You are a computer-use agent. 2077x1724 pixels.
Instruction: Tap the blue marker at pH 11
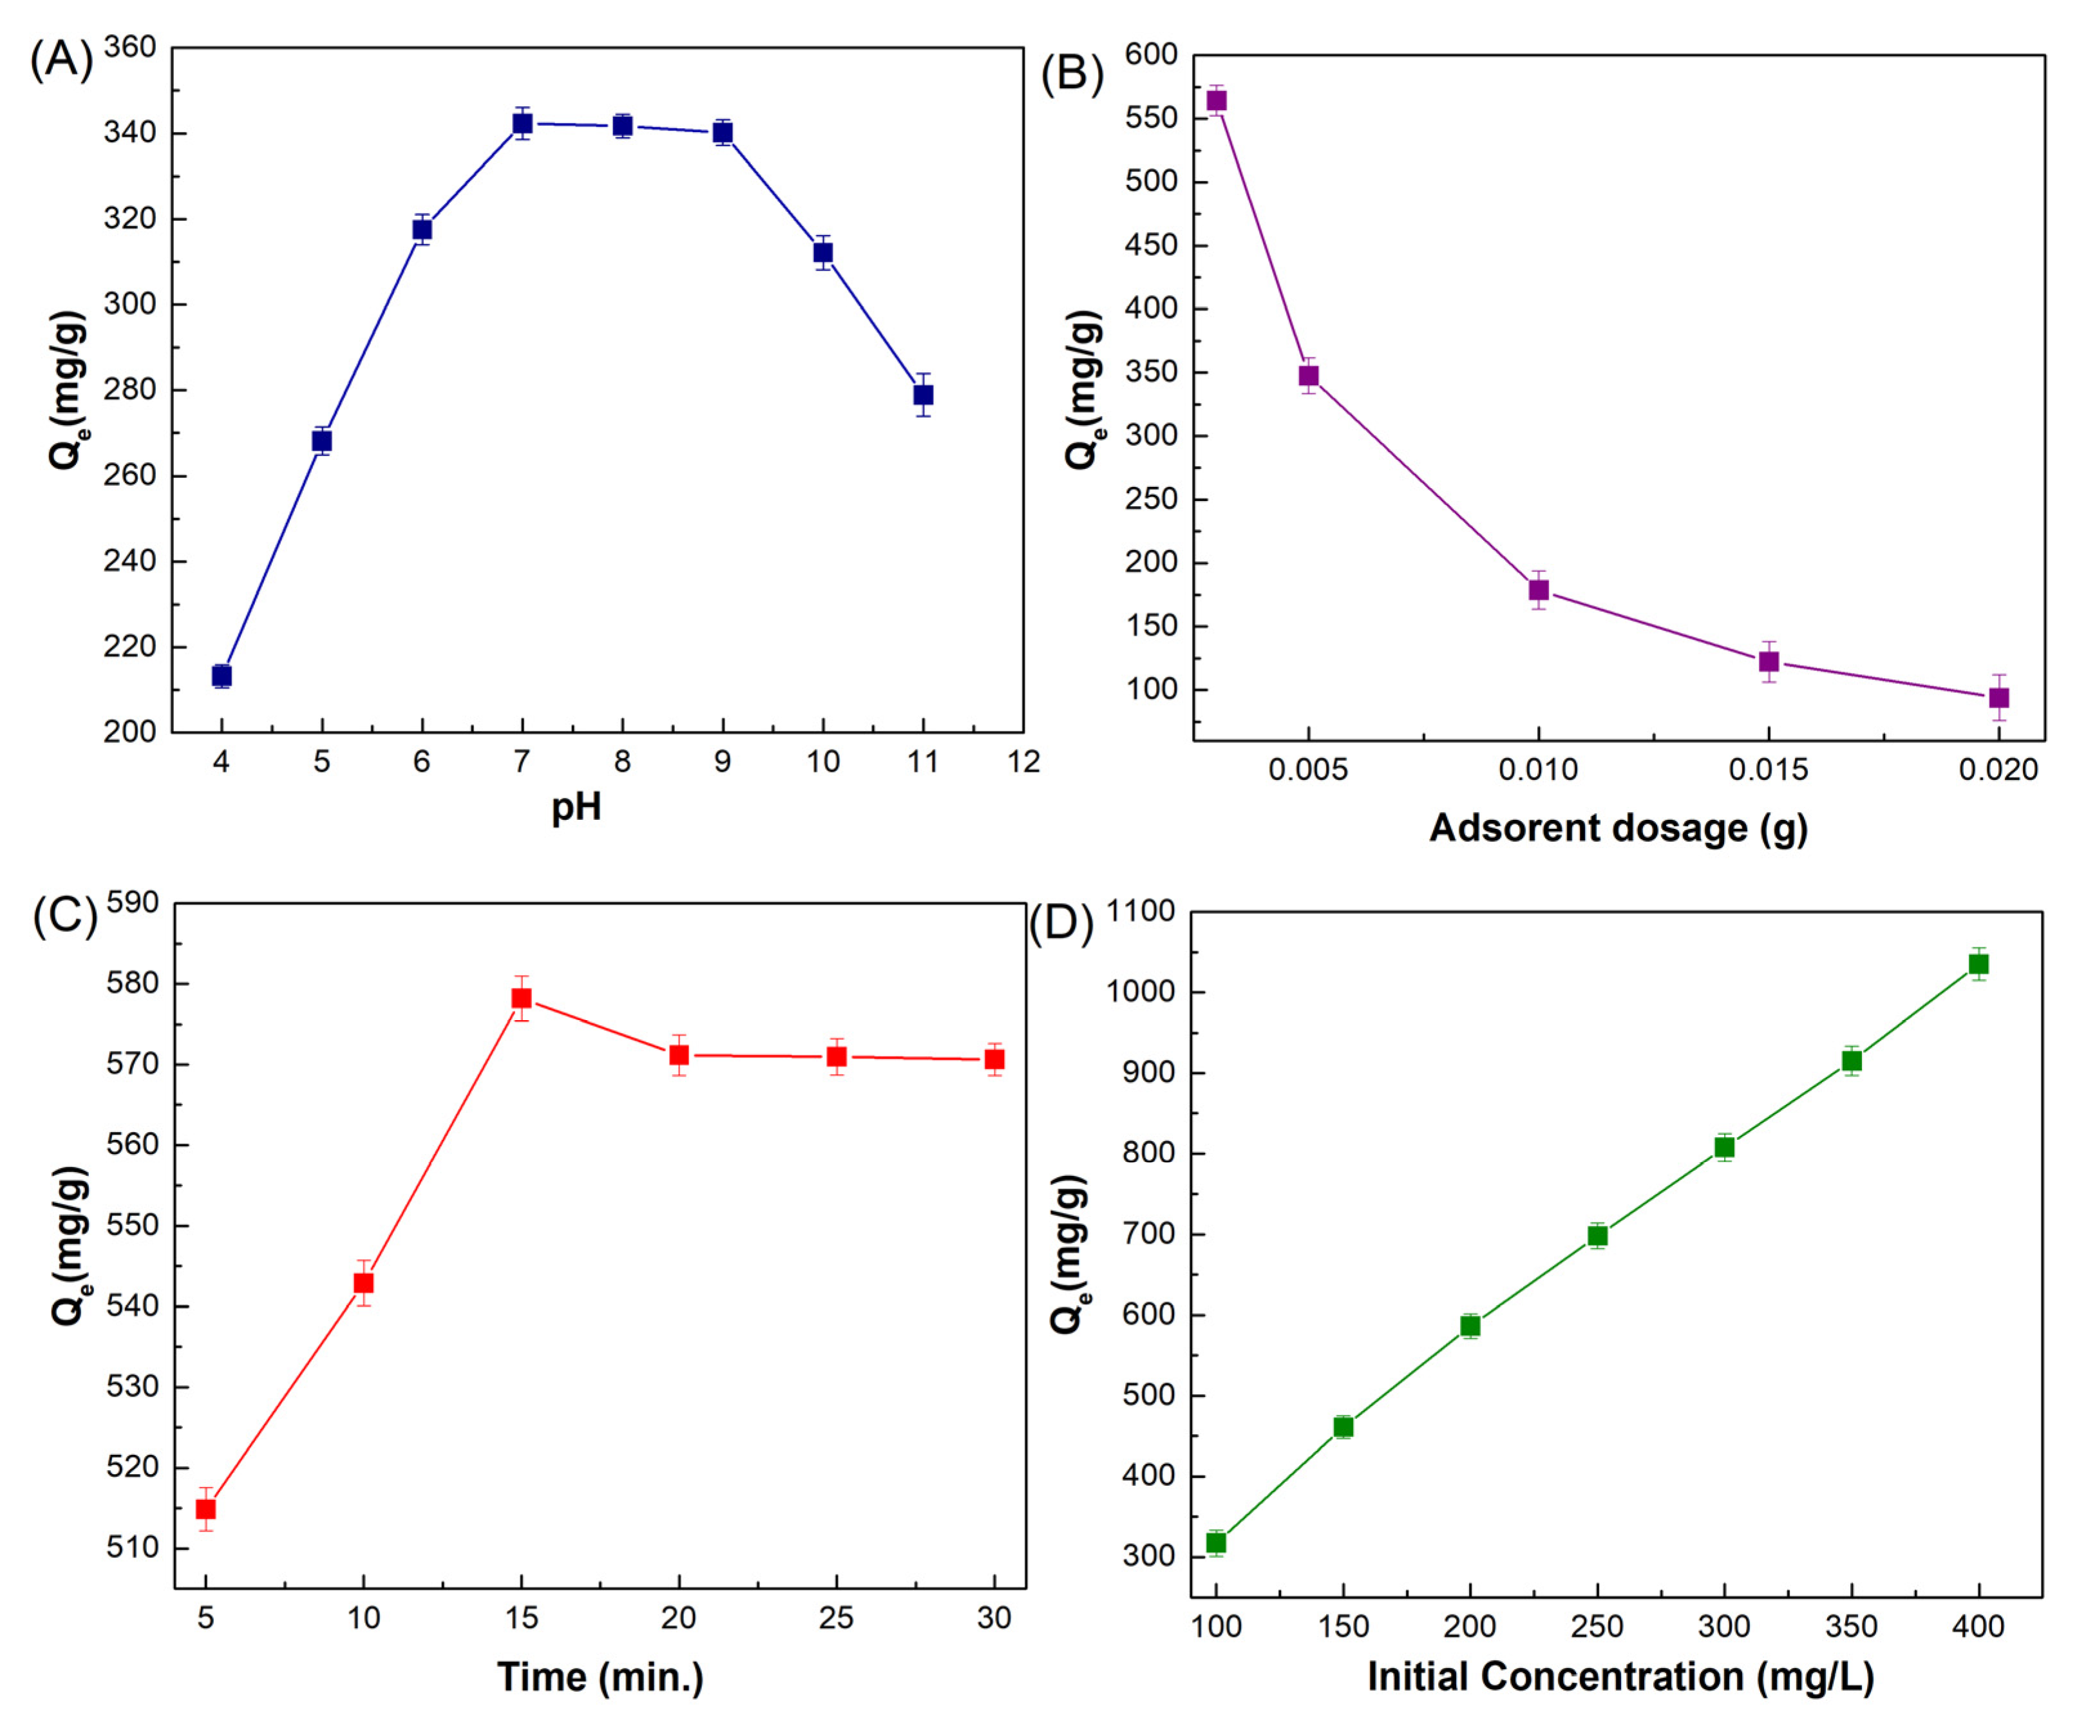(923, 395)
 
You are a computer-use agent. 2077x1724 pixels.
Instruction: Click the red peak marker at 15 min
(521, 998)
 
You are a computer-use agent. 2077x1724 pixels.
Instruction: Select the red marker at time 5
(205, 1508)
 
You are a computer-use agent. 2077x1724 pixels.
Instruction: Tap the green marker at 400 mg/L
(1978, 964)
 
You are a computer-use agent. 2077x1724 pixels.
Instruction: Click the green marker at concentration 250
(1597, 1235)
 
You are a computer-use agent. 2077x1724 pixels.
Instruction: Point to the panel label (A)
(61, 59)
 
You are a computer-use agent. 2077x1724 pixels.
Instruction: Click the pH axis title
(576, 807)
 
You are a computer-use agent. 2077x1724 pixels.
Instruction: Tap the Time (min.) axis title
(600, 1676)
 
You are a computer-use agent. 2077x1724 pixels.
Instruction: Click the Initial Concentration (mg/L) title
(1620, 1676)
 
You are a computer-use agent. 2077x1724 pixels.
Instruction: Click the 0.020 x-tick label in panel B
(1998, 770)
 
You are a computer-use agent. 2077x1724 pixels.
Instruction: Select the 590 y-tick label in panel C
(133, 902)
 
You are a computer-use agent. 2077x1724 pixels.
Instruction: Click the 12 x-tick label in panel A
(1023, 762)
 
